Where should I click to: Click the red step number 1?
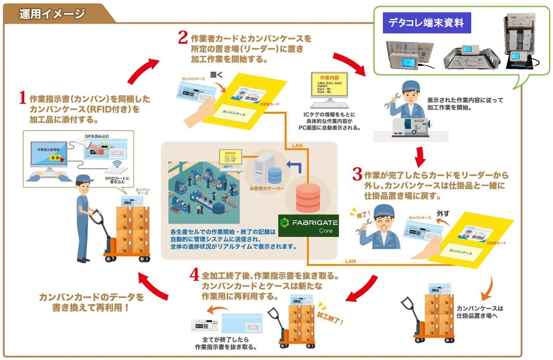22,98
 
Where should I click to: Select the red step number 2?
183,37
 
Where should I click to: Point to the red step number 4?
195,275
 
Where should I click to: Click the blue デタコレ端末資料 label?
426,23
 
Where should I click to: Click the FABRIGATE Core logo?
308,225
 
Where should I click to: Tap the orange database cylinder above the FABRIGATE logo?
308,198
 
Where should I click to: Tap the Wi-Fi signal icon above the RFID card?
116,165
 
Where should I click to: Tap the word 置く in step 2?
216,75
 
